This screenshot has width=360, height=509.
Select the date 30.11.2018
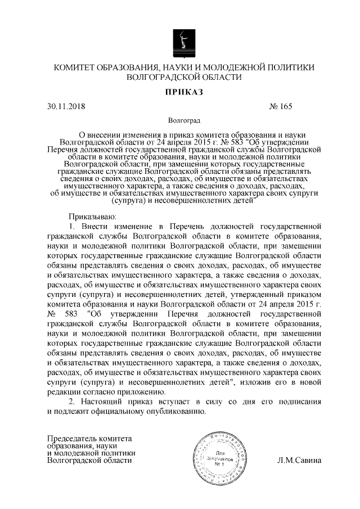point(66,106)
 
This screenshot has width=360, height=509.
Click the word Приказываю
point(92,216)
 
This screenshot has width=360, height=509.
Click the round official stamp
point(219,460)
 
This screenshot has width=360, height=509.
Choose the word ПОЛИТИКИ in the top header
point(290,67)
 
